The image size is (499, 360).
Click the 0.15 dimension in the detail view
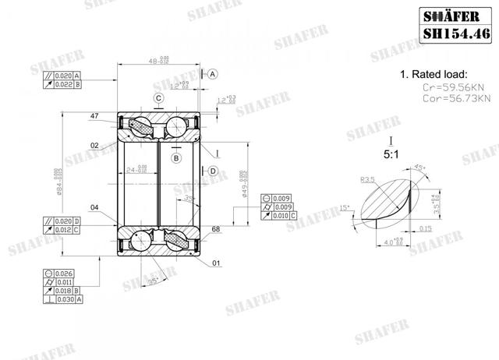pyautogui.click(x=426, y=228)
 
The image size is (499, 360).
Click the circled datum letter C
pyautogui.click(x=158, y=98)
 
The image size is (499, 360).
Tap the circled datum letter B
pyautogui.click(x=176, y=158)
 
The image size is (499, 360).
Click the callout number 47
pyautogui.click(x=95, y=115)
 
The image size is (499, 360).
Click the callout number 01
pyautogui.click(x=216, y=263)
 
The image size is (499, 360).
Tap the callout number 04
pyautogui.click(x=94, y=207)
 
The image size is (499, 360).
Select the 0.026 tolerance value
pyautogui.click(x=65, y=273)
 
